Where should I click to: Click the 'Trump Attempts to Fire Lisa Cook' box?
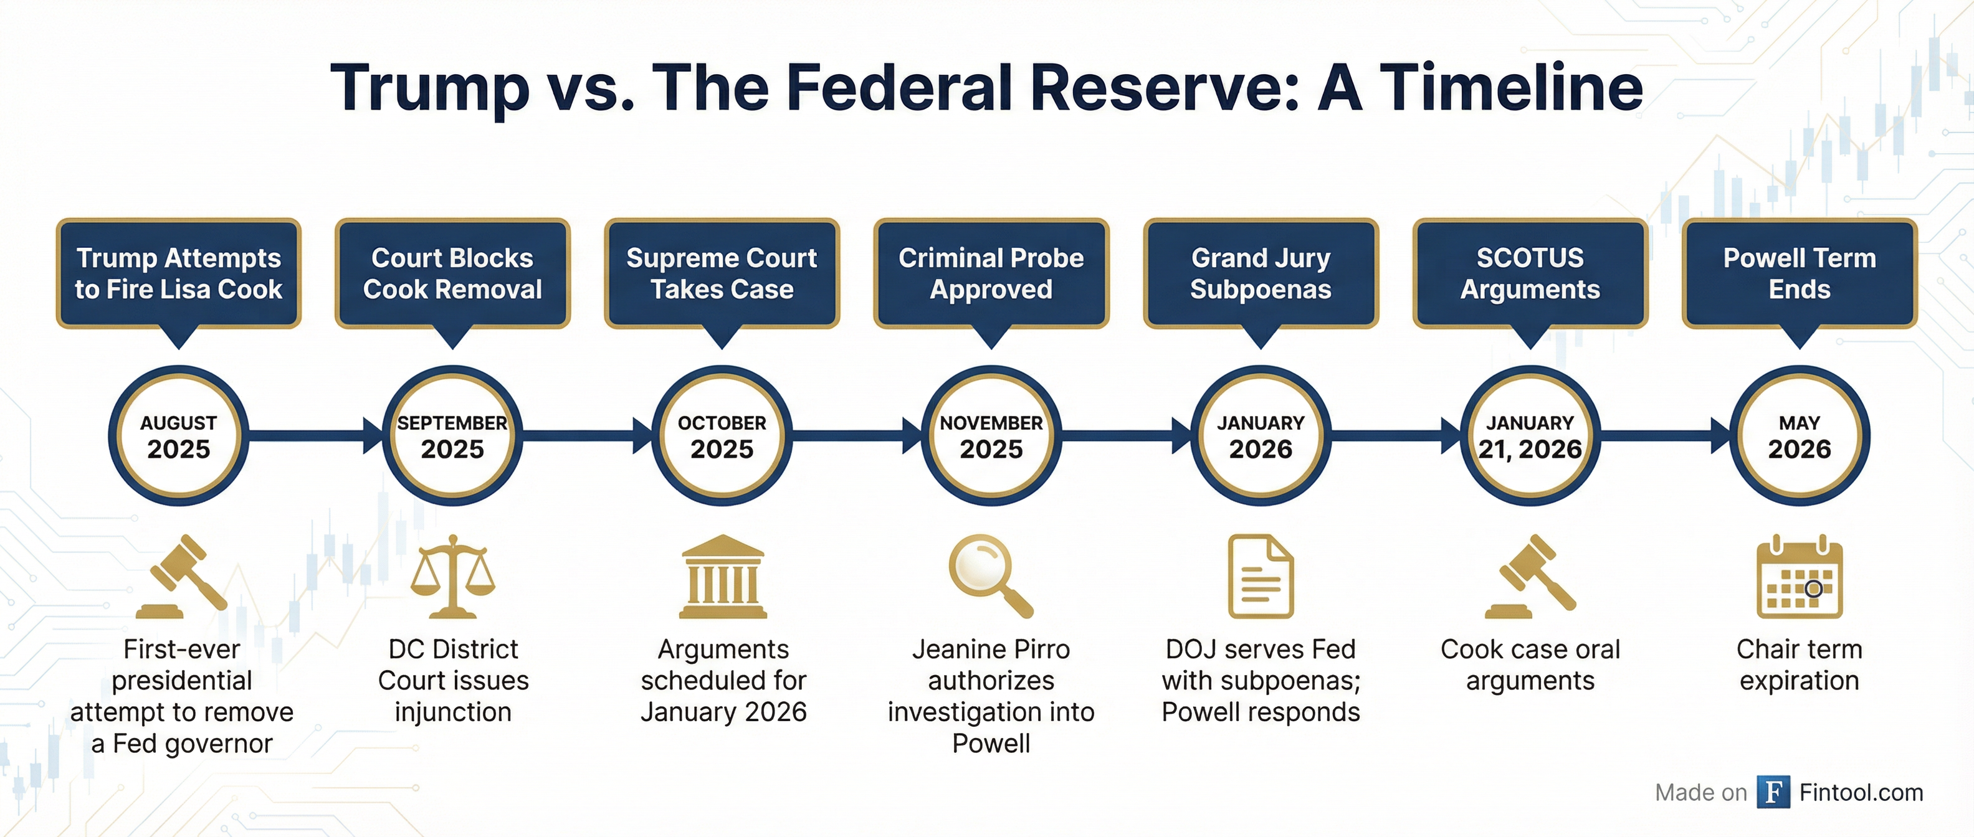[x=179, y=273]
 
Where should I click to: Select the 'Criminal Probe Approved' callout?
[x=991, y=273]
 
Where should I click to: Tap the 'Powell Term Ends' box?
[x=1800, y=273]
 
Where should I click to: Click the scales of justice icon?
[x=453, y=576]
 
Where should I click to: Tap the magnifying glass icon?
[x=991, y=576]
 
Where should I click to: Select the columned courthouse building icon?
[x=723, y=576]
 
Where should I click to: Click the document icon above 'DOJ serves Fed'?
[x=1261, y=576]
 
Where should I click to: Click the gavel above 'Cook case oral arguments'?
[x=1530, y=576]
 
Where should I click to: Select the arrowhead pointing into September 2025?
[x=373, y=436]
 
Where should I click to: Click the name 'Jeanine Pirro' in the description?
[x=991, y=650]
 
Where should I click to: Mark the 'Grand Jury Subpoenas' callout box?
[x=1261, y=273]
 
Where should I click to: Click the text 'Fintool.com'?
[x=1861, y=793]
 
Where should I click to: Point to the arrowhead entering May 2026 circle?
[x=1720, y=436]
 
